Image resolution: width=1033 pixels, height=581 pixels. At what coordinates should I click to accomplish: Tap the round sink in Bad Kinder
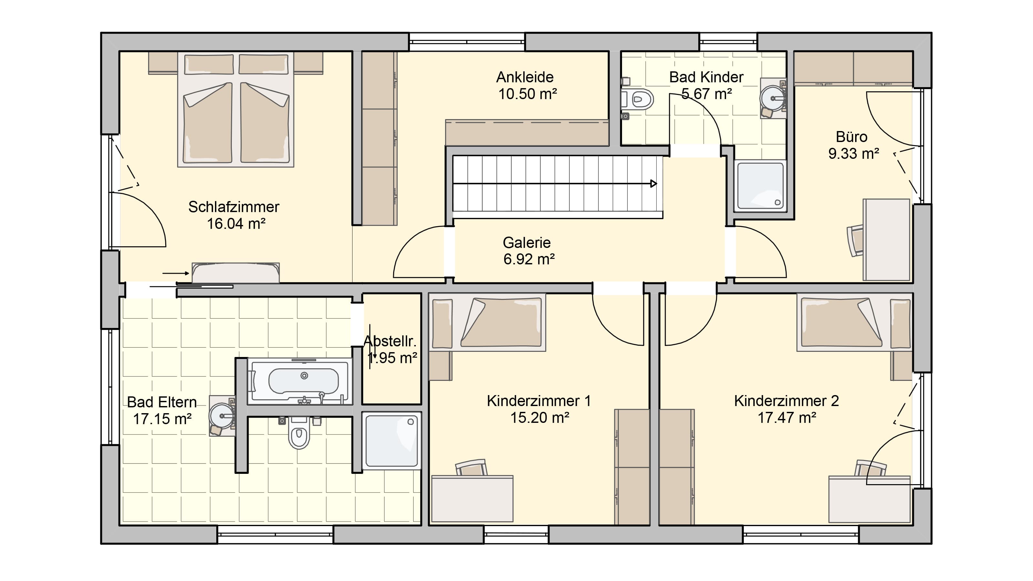tap(773, 98)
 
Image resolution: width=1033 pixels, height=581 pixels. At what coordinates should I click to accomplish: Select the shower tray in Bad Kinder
tap(760, 185)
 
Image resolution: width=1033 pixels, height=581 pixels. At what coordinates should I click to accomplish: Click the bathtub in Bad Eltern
tap(300, 381)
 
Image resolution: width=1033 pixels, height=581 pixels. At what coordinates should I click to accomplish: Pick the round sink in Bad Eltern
tap(222, 416)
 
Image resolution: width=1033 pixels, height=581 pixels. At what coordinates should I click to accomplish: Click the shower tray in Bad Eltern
tap(391, 440)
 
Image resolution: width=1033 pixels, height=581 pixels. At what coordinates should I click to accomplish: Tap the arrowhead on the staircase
tap(654, 184)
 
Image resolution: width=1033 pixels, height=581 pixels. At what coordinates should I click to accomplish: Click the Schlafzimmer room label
tap(234, 207)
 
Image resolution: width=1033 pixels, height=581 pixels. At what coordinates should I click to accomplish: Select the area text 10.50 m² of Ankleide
tap(527, 94)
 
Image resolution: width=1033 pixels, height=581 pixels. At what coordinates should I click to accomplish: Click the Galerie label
tap(527, 243)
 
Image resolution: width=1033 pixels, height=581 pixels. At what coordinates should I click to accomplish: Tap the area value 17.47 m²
tap(787, 418)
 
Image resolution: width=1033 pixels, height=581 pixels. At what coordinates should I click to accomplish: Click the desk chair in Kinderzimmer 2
tap(871, 468)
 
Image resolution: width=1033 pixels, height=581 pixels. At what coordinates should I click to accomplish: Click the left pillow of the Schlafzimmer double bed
tap(209, 64)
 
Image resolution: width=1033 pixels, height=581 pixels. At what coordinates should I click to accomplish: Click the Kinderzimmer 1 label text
tap(538, 401)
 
